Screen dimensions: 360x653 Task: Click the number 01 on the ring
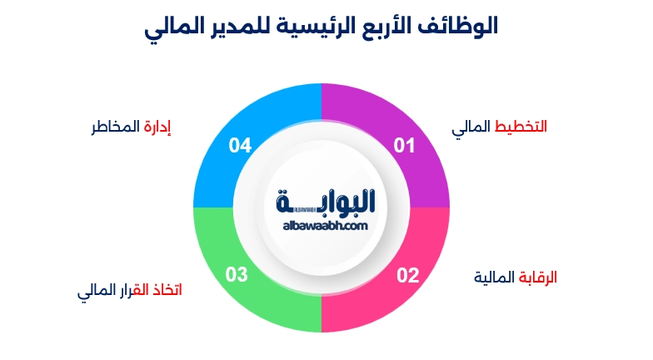[404, 146]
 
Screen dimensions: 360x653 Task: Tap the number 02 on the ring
[407, 274]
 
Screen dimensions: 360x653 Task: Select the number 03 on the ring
[237, 274]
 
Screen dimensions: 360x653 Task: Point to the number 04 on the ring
[240, 146]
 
